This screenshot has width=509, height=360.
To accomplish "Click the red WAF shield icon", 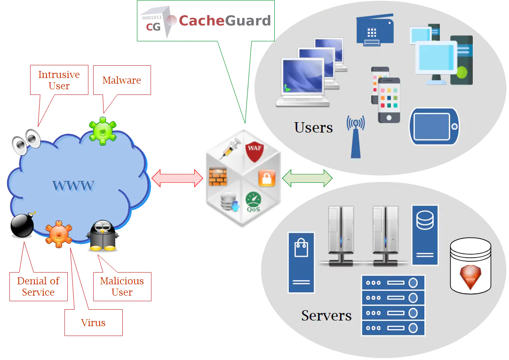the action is tap(254, 151).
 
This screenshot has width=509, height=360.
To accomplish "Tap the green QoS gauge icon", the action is tap(253, 202).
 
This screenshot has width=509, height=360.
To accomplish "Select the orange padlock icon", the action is tap(267, 178).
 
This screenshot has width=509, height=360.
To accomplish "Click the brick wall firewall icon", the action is tap(218, 176).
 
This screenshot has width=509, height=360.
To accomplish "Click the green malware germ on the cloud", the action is tap(103, 131).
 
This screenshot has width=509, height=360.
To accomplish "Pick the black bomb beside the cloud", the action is tap(23, 225).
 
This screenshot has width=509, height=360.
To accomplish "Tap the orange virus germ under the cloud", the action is tap(58, 234).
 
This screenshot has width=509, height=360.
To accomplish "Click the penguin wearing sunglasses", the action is tap(103, 235).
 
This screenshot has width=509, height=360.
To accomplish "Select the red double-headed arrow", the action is tap(177, 178).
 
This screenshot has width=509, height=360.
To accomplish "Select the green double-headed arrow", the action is tap(307, 178).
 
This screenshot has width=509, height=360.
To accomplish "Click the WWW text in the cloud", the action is tap(73, 186).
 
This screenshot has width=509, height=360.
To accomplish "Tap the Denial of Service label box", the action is tap(38, 287).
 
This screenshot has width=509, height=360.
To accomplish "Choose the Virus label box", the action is tap(94, 322).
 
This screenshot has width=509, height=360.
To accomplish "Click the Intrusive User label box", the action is tap(59, 80).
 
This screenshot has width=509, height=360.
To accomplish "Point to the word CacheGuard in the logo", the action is tap(225, 21).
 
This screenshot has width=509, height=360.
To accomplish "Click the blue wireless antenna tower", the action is tap(356, 137).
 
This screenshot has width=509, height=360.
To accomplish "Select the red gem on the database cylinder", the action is tap(470, 276).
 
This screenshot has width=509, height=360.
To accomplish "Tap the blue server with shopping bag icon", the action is tap(301, 263).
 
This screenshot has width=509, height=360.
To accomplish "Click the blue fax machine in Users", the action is tap(375, 30).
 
